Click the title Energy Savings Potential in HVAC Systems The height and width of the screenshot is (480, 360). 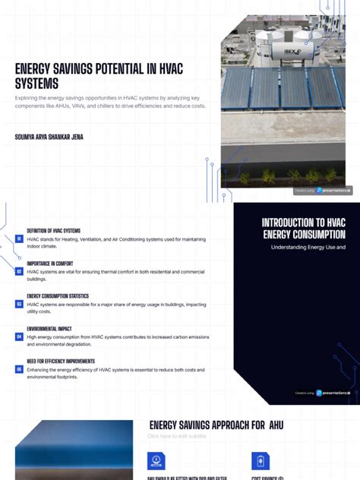coord(99,76)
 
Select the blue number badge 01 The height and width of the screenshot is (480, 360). coord(19,238)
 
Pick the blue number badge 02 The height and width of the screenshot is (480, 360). coord(19,271)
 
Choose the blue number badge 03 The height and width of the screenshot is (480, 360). coord(19,304)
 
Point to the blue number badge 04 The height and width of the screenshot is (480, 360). coord(19,336)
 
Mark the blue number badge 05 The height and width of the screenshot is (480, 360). coord(19,369)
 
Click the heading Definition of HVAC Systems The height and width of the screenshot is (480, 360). coord(54,230)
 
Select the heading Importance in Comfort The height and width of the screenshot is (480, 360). coord(50,264)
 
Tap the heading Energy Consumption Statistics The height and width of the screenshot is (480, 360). coord(58,296)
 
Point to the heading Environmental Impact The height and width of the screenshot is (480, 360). coord(50,329)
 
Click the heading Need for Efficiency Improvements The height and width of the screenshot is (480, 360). coord(61,362)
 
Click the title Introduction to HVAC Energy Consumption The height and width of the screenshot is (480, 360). coord(304,228)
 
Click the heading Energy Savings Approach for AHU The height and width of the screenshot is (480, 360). coord(216,425)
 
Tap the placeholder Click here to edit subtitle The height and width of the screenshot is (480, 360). coord(177,437)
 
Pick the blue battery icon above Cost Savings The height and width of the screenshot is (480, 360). coord(259,460)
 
